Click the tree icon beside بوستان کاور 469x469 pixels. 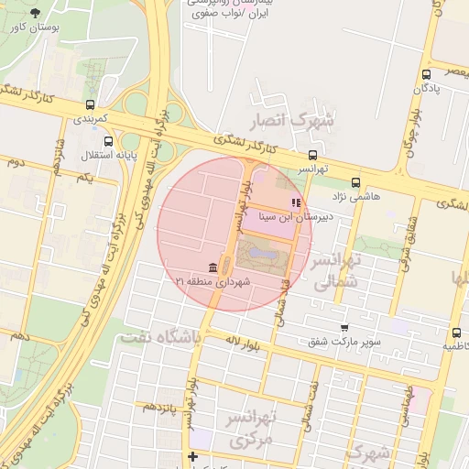(x=36, y=13)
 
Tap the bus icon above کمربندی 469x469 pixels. (x=90, y=104)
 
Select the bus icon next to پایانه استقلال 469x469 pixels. (x=109, y=141)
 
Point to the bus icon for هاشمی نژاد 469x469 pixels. (x=355, y=182)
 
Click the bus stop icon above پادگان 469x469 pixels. (x=426, y=74)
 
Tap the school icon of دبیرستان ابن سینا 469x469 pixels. (x=295, y=202)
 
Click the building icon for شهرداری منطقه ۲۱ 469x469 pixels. (x=213, y=267)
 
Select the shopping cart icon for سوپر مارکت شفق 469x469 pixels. (x=344, y=328)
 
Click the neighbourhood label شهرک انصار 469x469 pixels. (x=293, y=119)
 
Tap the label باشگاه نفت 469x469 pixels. (x=159, y=337)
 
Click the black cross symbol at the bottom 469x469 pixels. (x=192, y=456)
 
